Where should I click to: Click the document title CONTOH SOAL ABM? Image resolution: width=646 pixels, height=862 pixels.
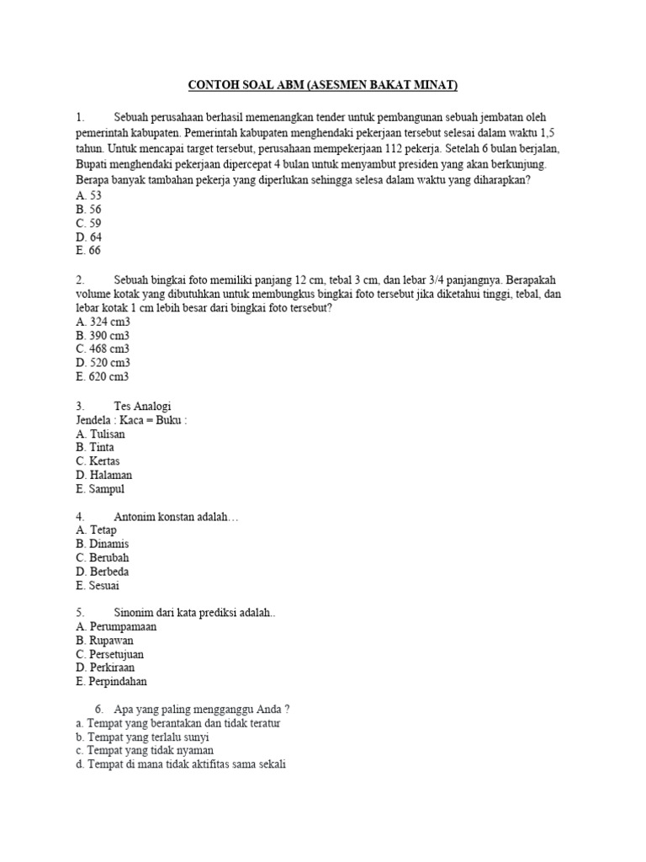(x=322, y=85)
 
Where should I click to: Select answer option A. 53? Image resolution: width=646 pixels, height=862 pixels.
(x=88, y=195)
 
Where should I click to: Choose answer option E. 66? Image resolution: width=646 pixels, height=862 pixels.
(x=88, y=251)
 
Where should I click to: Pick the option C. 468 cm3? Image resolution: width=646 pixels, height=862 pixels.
(x=103, y=349)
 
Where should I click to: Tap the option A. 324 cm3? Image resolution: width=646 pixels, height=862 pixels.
(x=103, y=322)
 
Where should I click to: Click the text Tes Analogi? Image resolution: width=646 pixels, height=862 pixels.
(x=142, y=406)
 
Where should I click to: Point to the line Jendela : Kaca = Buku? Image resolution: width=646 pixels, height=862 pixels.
(x=131, y=420)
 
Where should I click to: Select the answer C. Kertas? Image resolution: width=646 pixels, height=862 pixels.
(x=98, y=461)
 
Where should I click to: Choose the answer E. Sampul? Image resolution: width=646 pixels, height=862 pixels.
(x=99, y=489)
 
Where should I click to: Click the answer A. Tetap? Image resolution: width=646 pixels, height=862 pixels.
(x=96, y=530)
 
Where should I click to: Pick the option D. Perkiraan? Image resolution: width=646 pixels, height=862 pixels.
(x=104, y=668)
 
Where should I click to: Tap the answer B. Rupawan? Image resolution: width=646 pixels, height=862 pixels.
(x=104, y=641)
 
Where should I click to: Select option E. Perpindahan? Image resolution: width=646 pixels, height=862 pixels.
(x=111, y=682)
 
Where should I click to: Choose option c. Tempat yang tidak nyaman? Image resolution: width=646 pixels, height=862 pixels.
(x=144, y=750)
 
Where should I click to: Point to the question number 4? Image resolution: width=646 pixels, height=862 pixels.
(x=80, y=516)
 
